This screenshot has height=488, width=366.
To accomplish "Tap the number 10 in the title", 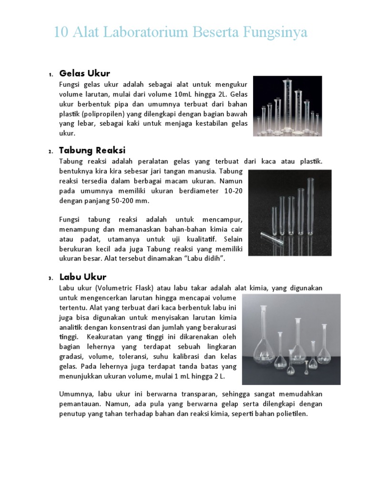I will tap(61, 32).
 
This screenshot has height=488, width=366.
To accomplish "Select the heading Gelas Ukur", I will tap(84, 73).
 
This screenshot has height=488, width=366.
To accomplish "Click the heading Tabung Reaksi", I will tap(92, 151).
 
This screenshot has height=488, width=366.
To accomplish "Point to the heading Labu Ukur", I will tap(82, 277).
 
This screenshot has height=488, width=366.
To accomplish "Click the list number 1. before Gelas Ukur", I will tap(50, 74).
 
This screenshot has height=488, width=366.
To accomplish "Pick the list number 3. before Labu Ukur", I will tap(50, 278).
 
